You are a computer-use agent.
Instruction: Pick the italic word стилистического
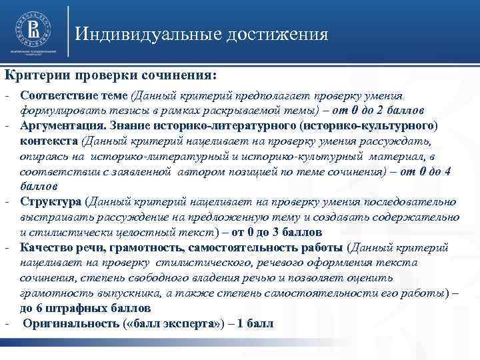coord(170,263)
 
